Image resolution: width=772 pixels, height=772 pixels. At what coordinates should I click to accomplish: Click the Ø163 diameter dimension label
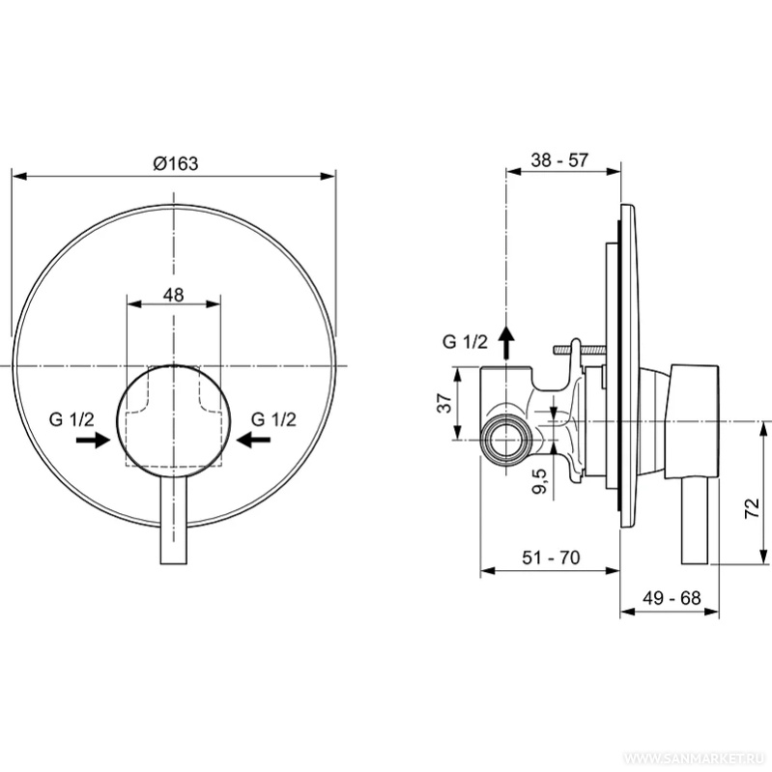point(175,163)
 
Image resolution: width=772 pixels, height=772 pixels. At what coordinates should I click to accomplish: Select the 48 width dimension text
point(173,295)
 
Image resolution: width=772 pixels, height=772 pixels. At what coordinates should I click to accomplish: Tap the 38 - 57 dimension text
point(559,160)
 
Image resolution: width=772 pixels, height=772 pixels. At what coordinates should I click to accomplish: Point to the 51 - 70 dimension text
point(551,558)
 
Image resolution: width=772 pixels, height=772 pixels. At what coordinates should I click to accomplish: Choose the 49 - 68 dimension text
point(672,598)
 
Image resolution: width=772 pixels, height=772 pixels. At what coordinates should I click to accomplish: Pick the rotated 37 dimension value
point(444,403)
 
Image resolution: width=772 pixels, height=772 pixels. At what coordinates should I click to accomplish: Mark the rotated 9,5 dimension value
point(539,481)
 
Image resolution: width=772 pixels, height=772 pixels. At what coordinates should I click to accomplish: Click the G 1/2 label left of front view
point(71,419)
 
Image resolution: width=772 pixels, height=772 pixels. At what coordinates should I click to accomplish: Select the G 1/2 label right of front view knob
point(273,419)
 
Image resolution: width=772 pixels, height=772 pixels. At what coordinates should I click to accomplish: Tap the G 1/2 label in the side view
point(465,342)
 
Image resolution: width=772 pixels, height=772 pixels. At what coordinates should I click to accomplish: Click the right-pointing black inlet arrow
point(93,440)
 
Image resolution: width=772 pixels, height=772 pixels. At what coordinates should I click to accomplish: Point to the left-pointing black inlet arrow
point(253,440)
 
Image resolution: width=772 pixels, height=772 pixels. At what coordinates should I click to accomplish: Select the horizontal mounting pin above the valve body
point(579,350)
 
